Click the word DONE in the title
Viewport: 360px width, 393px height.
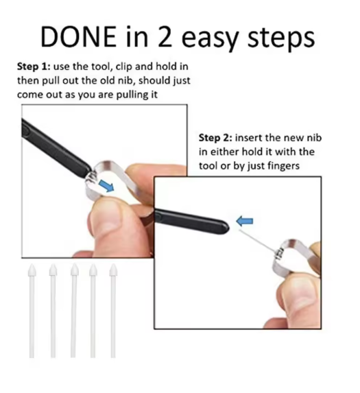tap(78, 36)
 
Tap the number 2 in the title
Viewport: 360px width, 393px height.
tap(165, 36)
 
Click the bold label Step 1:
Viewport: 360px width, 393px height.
tap(34, 67)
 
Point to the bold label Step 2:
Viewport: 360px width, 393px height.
tap(215, 138)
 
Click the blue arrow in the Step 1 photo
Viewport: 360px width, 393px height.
tap(106, 186)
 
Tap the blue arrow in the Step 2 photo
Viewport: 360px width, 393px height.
tap(245, 221)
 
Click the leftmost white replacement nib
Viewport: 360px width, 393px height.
tap(32, 311)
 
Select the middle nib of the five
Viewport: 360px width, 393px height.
tap(73, 311)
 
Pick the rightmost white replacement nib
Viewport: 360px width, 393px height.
tap(113, 311)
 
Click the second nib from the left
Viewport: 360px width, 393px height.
tap(53, 311)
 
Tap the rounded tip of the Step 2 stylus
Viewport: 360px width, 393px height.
tap(227, 228)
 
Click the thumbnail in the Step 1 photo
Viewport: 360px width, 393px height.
tap(108, 221)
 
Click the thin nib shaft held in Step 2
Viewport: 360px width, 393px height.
tap(256, 241)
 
